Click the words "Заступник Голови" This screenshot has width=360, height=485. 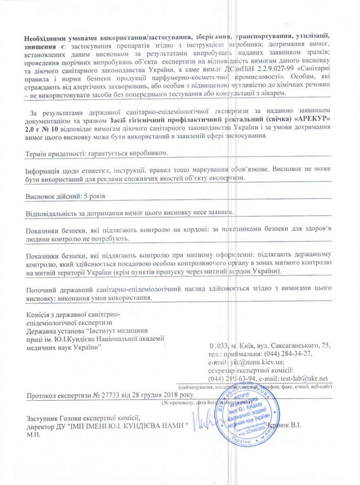[59, 417]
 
